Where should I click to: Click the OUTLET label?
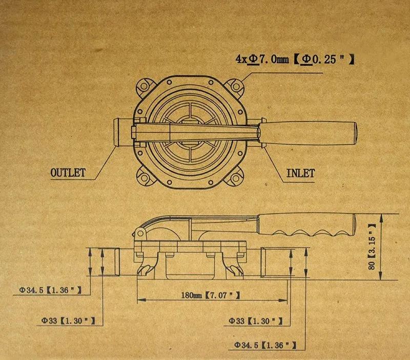tap(68, 173)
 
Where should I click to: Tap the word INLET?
tap(300, 173)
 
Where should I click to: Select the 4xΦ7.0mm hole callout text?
tap(262, 59)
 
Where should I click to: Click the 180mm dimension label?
tap(192, 295)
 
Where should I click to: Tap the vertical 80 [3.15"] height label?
tap(372, 247)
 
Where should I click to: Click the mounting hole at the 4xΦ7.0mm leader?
tap(236, 86)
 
